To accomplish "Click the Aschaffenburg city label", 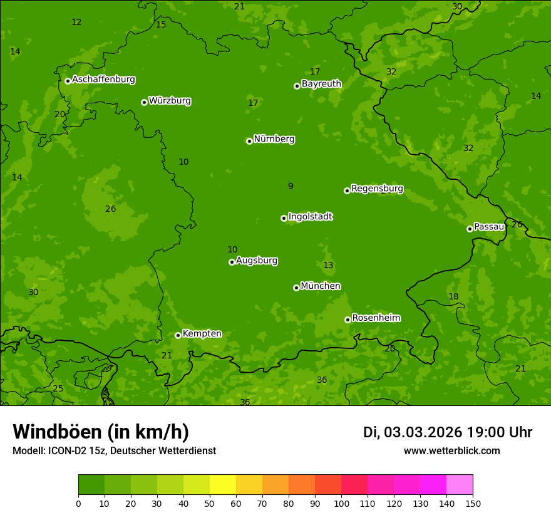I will tap(103, 80).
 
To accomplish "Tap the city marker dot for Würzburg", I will tap(144, 102).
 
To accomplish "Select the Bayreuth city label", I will tap(321, 84).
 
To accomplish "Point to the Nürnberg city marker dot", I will tap(249, 141).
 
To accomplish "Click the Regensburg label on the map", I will tap(377, 189).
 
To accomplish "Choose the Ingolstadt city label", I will tap(310, 217).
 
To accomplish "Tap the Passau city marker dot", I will tap(470, 229).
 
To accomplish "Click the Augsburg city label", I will tap(257, 261).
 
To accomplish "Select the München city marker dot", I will tap(296, 288).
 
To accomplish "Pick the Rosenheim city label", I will tap(376, 318).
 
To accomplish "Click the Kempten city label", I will tap(202, 334).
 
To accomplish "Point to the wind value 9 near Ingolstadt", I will tap(291, 186).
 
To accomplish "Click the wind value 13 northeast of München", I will tap(328, 265).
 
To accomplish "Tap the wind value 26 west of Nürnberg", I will tap(111, 209).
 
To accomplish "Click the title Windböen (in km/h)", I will tap(101, 432).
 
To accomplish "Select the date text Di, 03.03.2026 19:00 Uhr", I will tap(448, 432).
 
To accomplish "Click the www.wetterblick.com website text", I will tap(451, 451).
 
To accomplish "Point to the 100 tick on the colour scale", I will tap(341, 502).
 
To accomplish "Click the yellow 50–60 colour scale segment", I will tap(223, 485).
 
